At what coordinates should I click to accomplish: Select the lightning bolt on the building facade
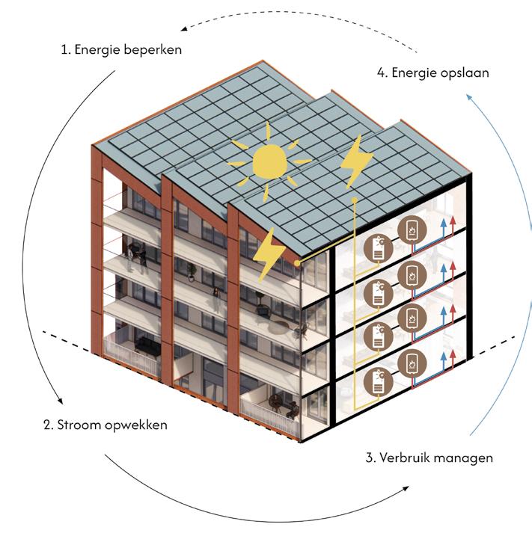point(268,255)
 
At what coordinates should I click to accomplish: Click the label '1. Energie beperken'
point(122,51)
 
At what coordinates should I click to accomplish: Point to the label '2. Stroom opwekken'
point(106,425)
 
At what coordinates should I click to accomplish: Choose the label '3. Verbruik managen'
point(429,458)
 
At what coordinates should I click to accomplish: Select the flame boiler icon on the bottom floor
point(411,364)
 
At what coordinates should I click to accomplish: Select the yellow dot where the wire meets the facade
point(297,263)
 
